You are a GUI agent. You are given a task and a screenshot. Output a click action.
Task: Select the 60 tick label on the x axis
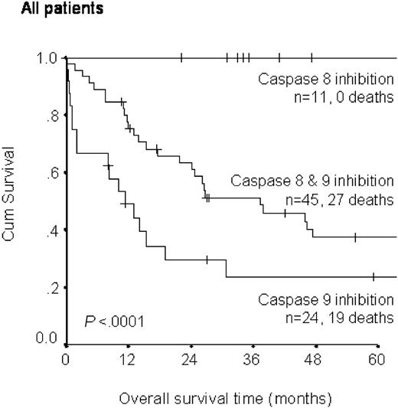376,361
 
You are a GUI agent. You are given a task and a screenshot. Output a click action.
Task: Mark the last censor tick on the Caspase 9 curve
373,276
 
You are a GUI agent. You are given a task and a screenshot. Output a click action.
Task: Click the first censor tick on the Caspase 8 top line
181,57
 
